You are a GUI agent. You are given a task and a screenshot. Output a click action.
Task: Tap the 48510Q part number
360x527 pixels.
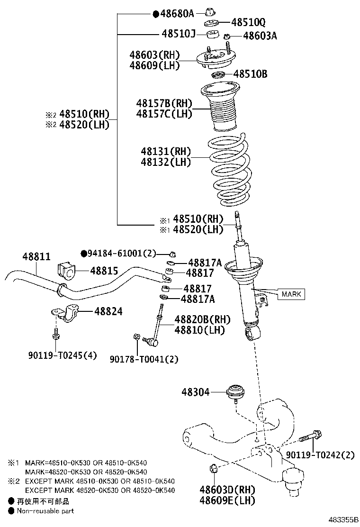[248, 22]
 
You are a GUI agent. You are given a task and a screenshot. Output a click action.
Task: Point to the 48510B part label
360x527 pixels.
[251, 74]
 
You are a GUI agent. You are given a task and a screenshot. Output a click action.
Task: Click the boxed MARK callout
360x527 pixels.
[291, 294]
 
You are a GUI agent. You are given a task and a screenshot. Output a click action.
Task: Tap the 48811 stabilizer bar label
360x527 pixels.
[36, 256]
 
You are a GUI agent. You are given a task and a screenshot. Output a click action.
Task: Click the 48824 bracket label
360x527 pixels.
[108, 311]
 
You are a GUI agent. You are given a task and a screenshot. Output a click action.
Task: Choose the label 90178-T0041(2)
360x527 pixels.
[144, 359]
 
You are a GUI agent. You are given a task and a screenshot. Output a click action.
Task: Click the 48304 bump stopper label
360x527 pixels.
[196, 392]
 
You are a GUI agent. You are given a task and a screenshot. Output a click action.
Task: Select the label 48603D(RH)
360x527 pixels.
[227, 490]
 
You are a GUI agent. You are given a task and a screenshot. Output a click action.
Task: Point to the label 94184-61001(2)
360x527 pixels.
[121, 254]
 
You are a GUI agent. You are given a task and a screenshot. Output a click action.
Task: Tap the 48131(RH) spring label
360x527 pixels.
[165, 152]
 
